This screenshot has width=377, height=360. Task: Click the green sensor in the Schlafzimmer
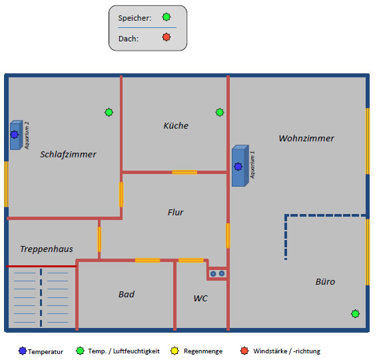109,113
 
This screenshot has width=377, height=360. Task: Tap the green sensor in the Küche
220,113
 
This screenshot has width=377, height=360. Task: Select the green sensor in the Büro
355,314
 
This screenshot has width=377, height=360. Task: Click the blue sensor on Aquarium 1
238,167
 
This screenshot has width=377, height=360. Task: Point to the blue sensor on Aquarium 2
15,135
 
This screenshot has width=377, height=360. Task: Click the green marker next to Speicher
167,17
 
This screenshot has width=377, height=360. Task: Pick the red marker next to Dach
167,37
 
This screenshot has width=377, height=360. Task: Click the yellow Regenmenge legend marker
175,351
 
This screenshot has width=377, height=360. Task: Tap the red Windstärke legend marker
244,351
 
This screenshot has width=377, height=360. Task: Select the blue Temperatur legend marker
23,351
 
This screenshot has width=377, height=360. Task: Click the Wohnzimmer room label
306,139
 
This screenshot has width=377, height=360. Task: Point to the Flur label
175,212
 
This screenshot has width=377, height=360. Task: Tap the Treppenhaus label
47,249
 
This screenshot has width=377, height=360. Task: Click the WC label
200,299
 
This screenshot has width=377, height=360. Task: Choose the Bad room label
127,294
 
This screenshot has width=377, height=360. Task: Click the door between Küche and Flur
185,172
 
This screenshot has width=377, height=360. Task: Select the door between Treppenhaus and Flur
99,239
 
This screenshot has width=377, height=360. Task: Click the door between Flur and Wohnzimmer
228,236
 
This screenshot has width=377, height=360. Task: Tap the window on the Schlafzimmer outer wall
7,184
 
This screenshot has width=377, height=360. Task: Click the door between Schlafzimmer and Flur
121,195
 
